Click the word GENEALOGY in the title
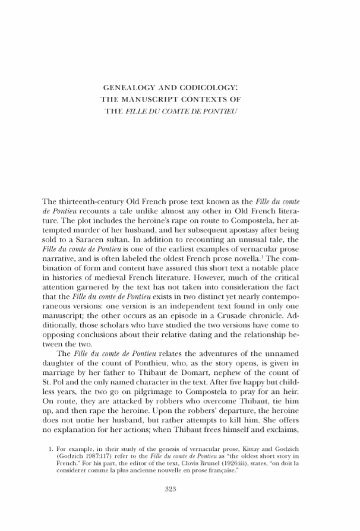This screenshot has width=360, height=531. click(128, 88)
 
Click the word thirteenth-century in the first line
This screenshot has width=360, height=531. click(96, 203)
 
